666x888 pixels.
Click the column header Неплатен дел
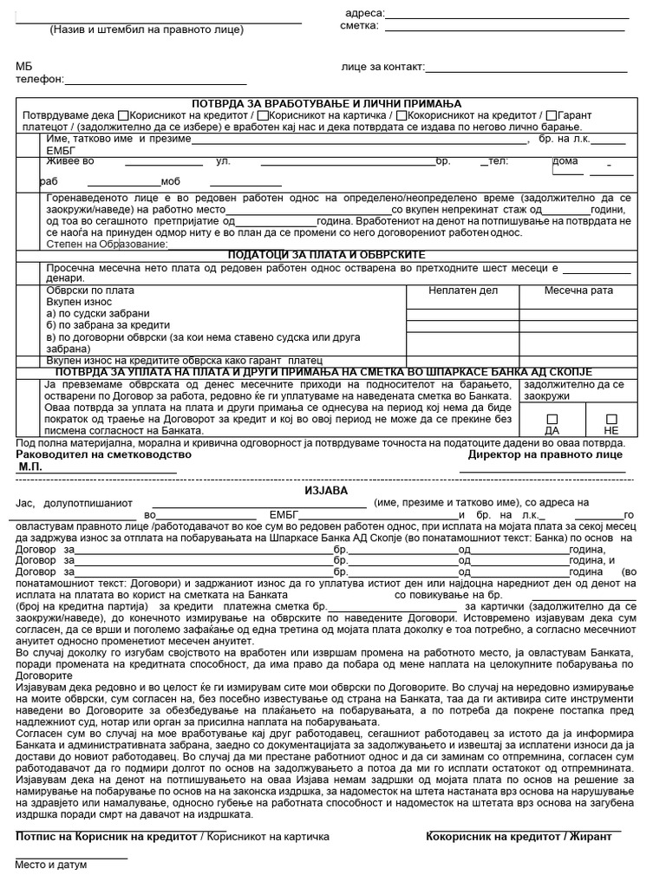point(464,291)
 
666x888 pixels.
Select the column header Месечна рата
point(578,291)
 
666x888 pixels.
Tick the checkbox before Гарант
point(551,114)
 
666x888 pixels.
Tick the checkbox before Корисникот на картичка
point(262,114)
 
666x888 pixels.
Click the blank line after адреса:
point(506,15)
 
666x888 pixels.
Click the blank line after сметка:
point(505,28)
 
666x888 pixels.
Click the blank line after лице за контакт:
point(526,69)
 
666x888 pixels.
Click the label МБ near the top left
point(23,66)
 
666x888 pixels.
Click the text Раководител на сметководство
point(103,454)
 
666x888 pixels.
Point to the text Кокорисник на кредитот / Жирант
point(519,836)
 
